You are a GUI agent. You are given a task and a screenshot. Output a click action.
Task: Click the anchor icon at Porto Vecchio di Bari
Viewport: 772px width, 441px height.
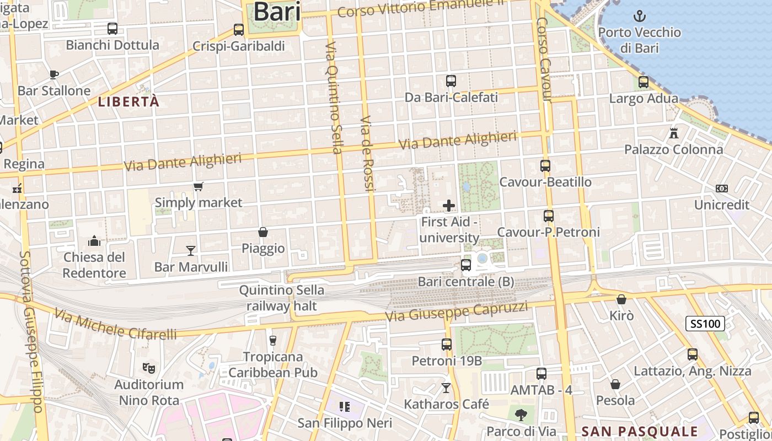click(640, 15)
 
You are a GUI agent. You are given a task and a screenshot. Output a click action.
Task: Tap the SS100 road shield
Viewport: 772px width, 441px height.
click(705, 324)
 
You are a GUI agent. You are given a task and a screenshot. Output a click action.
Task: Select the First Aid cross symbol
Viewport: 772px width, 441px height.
click(449, 206)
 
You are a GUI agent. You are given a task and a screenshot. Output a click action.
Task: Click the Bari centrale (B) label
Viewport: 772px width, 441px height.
click(466, 282)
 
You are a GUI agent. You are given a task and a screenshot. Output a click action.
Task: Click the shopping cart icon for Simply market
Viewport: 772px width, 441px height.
click(199, 187)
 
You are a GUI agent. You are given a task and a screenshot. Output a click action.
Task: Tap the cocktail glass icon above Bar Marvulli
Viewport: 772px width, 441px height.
click(191, 251)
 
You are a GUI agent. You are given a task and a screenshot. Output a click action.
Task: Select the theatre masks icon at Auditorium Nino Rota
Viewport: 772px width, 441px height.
click(148, 367)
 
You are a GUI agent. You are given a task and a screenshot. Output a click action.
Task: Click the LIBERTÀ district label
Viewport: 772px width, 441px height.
click(129, 102)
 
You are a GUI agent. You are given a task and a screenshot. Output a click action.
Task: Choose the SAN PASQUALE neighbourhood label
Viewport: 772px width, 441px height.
click(640, 431)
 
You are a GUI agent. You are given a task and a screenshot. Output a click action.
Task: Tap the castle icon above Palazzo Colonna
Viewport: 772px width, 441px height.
click(673, 133)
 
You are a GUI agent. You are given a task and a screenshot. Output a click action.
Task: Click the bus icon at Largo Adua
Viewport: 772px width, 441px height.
click(644, 82)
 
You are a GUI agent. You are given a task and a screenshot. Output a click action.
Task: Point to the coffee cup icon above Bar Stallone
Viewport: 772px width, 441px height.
click(53, 74)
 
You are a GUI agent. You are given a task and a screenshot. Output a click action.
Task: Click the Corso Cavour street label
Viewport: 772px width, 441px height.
click(544, 60)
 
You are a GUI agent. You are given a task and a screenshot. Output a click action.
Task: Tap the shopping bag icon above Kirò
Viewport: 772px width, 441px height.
click(621, 299)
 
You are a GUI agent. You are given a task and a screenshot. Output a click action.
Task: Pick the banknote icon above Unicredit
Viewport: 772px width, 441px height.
click(721, 189)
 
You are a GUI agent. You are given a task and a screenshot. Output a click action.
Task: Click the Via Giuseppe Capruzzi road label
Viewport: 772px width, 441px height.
click(457, 311)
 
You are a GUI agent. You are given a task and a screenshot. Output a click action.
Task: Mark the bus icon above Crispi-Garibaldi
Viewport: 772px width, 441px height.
click(239, 30)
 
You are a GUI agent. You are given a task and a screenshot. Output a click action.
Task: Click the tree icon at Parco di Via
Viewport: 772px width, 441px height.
click(521, 415)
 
